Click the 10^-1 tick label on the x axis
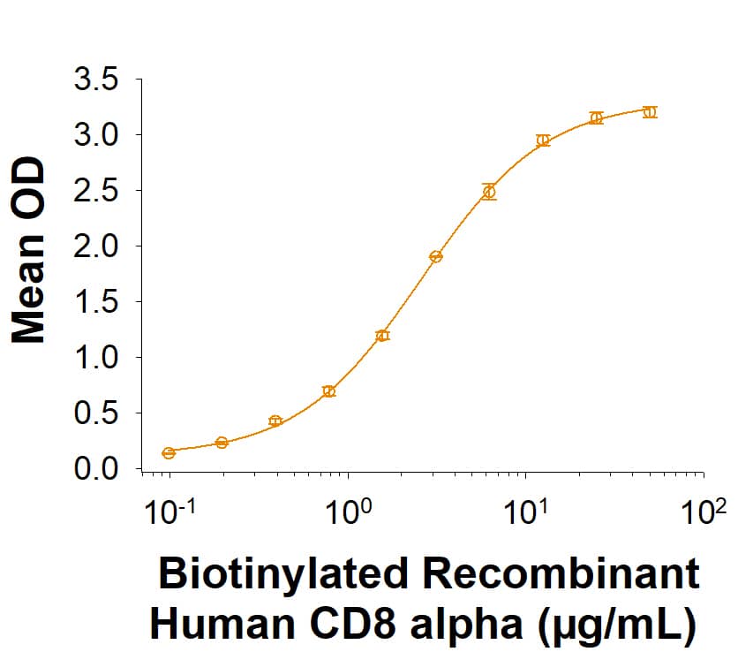tap(169, 512)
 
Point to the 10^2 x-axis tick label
tap(704, 512)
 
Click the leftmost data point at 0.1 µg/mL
tap(169, 453)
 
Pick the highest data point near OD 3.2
tap(650, 112)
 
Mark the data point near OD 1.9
tap(435, 257)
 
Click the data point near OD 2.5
tap(489, 192)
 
